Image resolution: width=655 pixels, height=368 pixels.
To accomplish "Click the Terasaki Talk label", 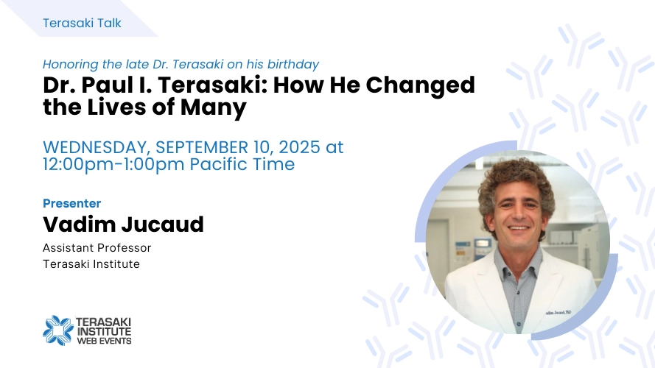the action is coord(82,23).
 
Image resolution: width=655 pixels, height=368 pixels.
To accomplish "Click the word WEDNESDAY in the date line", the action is coord(97,147).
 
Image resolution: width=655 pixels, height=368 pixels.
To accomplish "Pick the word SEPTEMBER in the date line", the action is coord(202,147).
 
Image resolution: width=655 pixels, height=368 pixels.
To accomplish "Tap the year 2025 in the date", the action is coord(299,147).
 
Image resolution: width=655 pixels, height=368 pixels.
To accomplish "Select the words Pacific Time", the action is coord(242,164).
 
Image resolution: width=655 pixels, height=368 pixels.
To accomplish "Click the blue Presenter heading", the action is coord(72,203).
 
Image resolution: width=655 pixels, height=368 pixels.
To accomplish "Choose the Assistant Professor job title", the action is coord(97,248).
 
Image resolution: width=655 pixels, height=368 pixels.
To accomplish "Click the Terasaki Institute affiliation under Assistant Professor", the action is coord(91,264).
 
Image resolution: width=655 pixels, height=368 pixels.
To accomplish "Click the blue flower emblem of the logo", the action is coord(58,330).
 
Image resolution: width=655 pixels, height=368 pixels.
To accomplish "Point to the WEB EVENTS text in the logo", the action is coord(105,341).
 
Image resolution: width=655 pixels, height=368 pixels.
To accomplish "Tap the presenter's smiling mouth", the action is coord(519,228).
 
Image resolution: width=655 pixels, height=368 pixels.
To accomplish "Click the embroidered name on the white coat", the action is coord(559,313).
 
